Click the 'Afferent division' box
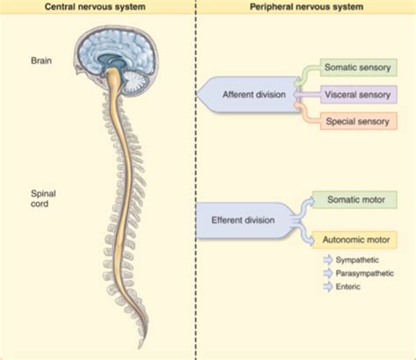(x=250, y=95)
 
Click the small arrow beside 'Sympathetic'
(x=328, y=261)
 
